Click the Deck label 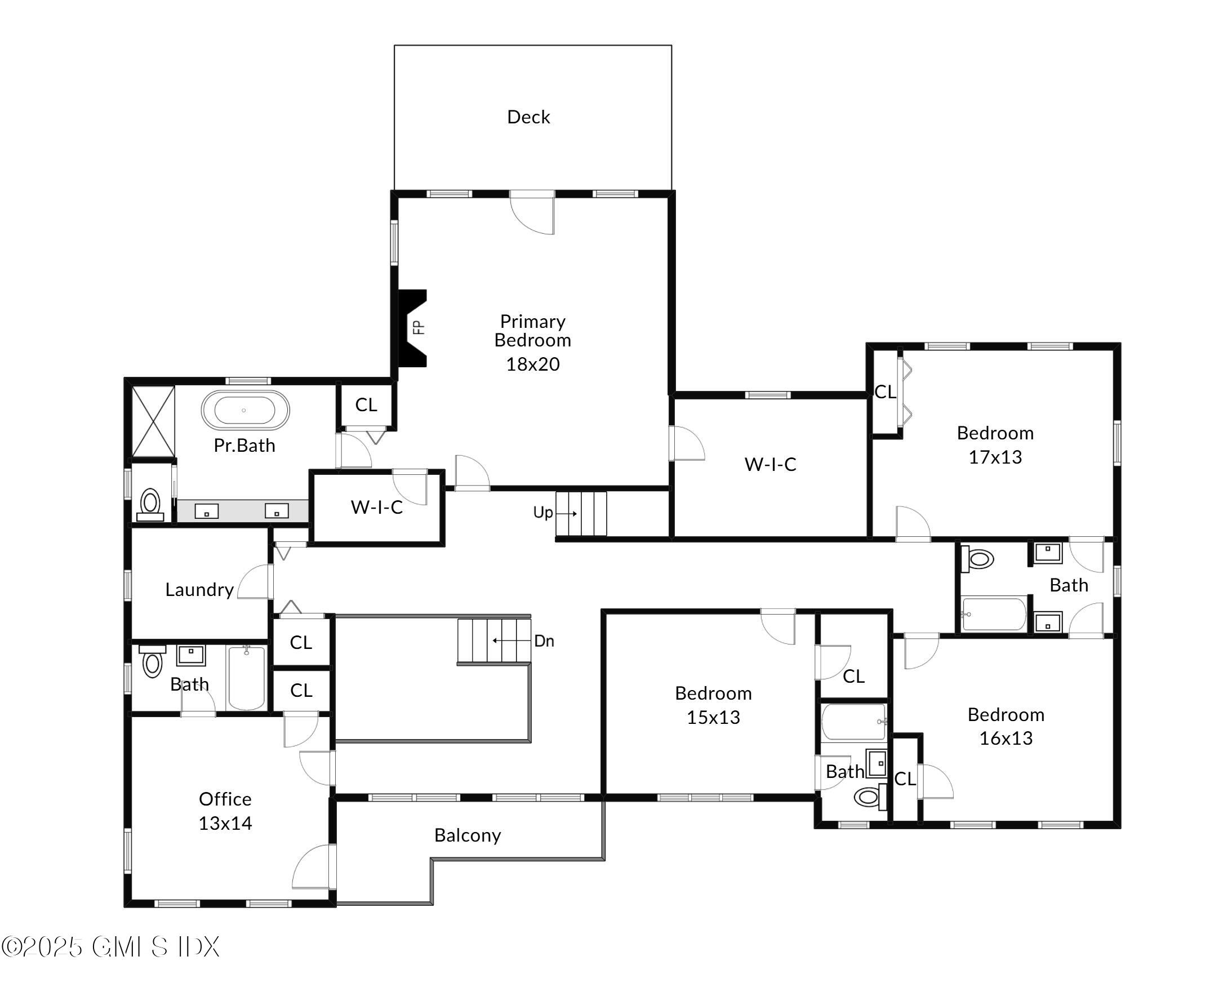528,117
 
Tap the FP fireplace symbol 413,328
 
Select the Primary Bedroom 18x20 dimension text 532,364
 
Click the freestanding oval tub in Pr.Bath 245,410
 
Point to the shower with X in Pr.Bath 153,421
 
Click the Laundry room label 199,589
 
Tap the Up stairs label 542,513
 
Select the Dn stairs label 544,641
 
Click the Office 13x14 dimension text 225,823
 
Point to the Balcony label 468,835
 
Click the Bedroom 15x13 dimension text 713,717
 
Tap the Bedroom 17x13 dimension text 995,457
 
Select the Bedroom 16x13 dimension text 1006,739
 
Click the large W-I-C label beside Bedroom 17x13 770,464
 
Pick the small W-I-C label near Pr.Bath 376,507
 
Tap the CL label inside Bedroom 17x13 885,392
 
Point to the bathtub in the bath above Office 247,678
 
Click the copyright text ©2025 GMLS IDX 110,947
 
